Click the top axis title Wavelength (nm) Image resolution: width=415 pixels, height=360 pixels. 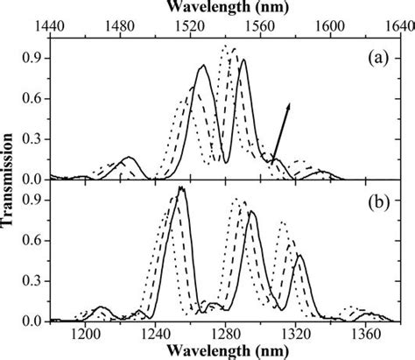[x=225, y=6]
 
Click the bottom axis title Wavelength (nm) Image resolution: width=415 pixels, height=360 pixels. [x=225, y=352]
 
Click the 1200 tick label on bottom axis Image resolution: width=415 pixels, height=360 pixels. [x=85, y=334]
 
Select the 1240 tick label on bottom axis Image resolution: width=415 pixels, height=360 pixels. [x=155, y=334]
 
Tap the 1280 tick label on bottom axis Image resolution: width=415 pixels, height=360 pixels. [x=225, y=334]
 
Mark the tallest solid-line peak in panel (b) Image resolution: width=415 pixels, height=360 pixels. [x=181, y=188]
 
